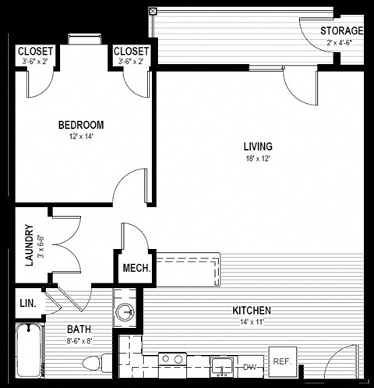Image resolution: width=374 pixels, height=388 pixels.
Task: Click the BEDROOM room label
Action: [x=81, y=125]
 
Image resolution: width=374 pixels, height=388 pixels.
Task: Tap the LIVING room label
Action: [x=257, y=146]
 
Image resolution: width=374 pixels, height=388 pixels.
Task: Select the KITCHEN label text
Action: [x=252, y=310]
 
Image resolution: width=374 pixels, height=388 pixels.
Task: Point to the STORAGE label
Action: [x=341, y=31]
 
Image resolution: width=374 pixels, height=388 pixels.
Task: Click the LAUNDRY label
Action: [x=29, y=246]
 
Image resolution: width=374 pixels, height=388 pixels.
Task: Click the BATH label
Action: [x=79, y=329]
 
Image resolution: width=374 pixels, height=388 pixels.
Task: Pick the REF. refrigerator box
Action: [x=280, y=361]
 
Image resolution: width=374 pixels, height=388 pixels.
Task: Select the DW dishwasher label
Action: [x=250, y=366]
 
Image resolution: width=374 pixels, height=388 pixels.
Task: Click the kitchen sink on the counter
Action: [x=223, y=365]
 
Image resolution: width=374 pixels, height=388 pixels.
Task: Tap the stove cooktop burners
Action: [x=172, y=361]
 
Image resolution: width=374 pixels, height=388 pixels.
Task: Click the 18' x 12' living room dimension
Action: [x=257, y=159]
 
